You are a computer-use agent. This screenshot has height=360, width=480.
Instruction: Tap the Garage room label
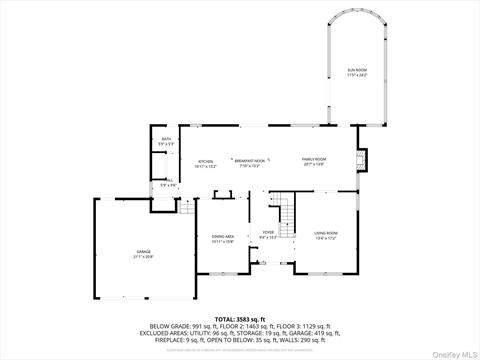144,251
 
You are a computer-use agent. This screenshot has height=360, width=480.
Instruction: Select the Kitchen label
205,161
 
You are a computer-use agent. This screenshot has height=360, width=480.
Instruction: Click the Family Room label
315,160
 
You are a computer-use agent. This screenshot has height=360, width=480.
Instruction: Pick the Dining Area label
222,236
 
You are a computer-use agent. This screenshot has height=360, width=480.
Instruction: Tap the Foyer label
268,232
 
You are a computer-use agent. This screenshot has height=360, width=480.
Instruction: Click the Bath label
166,139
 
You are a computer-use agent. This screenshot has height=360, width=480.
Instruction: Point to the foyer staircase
284,211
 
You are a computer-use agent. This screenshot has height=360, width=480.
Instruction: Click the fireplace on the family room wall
363,159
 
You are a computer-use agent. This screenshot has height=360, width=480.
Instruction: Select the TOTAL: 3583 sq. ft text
240,319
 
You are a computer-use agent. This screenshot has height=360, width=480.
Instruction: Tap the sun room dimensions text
357,75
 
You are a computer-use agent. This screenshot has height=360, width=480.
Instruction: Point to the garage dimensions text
144,257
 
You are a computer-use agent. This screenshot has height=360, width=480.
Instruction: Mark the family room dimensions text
315,166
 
